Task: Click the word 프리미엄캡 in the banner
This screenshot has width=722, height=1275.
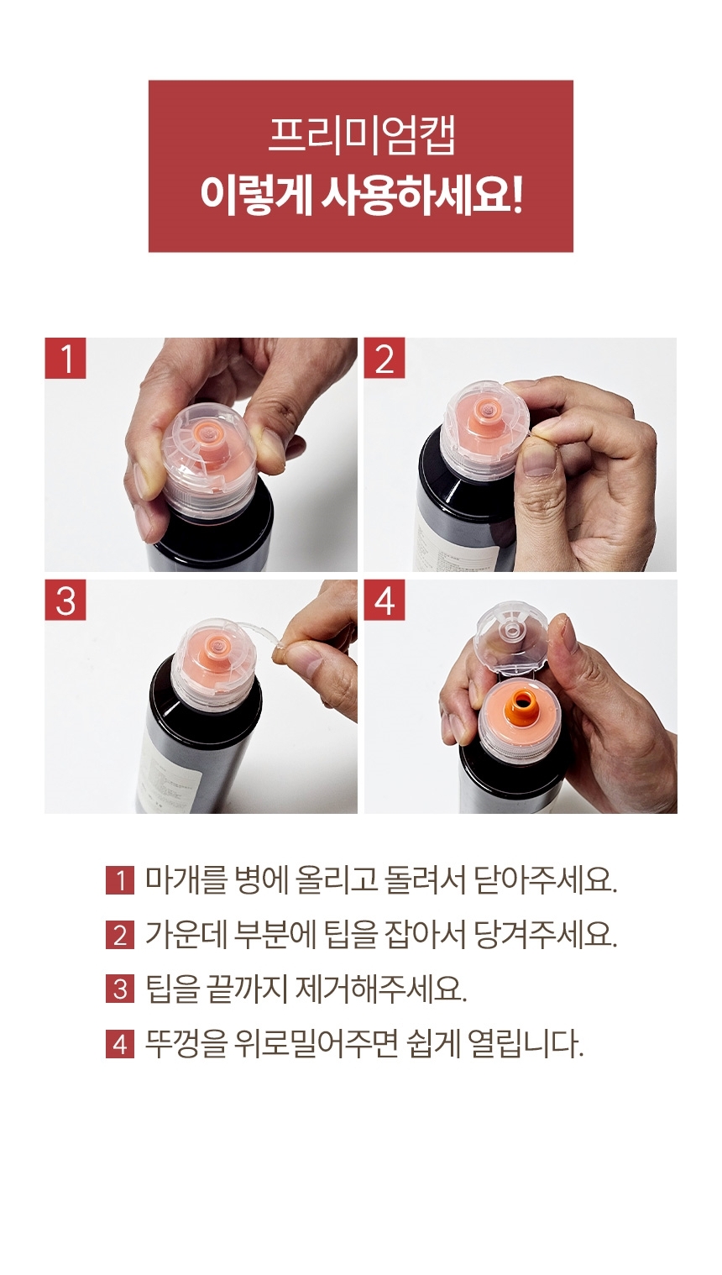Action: click(361, 137)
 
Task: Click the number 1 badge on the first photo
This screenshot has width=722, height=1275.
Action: click(65, 359)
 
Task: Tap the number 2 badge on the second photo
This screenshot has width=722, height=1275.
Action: click(385, 359)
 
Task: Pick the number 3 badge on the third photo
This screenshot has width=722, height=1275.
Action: click(65, 601)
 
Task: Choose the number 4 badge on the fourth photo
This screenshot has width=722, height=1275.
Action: click(385, 601)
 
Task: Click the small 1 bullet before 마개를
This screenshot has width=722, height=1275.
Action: click(120, 880)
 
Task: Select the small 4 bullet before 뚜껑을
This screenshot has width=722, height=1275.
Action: click(120, 1044)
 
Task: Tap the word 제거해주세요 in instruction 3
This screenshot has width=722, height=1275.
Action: click(380, 989)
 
